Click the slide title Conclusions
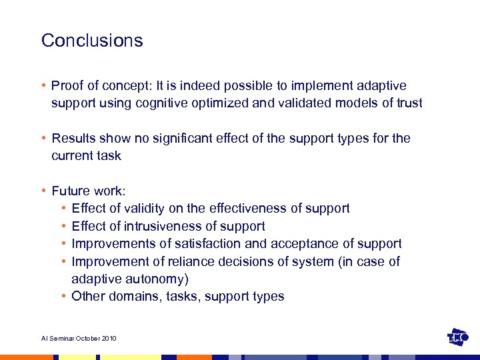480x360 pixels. click(x=92, y=41)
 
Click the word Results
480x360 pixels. click(x=73, y=139)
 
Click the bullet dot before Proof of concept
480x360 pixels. click(x=43, y=86)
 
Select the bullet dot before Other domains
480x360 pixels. click(x=63, y=296)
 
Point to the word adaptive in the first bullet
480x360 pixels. click(x=381, y=86)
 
